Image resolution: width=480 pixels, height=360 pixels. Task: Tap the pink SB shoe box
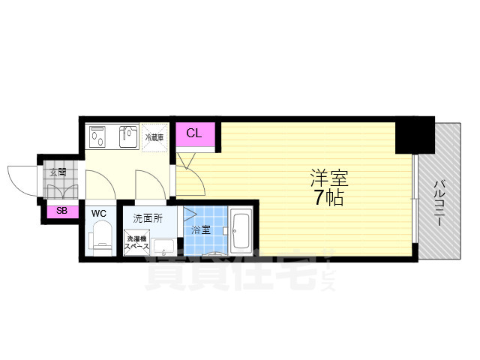point(61,211)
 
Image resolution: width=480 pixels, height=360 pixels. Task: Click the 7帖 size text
point(330,199)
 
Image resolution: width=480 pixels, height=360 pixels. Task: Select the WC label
point(99,214)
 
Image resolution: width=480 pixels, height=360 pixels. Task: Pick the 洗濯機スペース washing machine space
point(137,243)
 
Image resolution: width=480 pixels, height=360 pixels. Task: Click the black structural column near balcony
point(415,135)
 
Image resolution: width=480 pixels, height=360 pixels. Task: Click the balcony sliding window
point(414,199)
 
